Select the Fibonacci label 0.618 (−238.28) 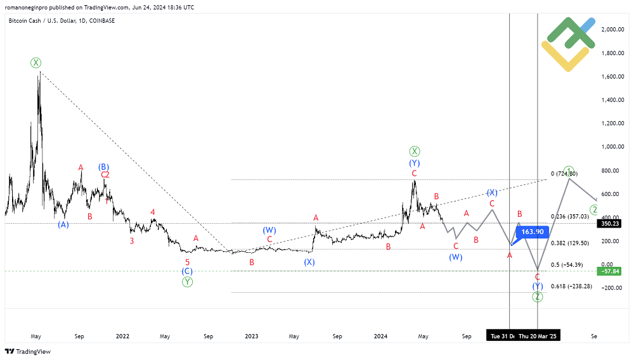pos(571,286)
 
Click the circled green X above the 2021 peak pos(36,62)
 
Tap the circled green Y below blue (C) pos(187,282)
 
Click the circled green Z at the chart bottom pos(537,297)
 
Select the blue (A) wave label pos(63,224)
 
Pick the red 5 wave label pos(187,262)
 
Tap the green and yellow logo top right pos(568,41)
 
